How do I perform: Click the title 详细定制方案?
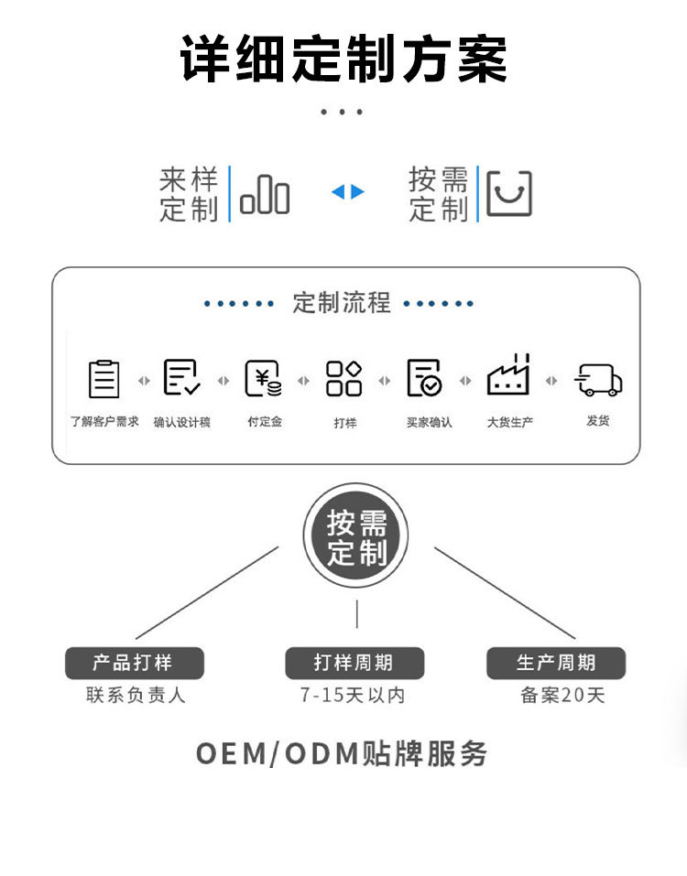343,60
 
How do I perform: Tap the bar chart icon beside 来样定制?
265,195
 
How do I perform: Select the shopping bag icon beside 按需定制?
508,194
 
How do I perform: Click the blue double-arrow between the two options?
348,192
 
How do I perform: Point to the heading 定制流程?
342,302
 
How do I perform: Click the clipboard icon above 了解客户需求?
104,378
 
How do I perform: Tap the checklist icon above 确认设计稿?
181,377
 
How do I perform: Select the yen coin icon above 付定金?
264,378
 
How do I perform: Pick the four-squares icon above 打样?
344,378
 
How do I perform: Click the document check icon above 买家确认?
425,378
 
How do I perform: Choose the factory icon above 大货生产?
508,375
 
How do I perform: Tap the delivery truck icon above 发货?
598,379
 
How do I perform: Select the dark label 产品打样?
134,663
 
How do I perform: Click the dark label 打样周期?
354,663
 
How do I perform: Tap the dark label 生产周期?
555,663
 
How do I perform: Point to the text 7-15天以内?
353,696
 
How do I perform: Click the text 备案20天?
562,696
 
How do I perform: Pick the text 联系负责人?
136,696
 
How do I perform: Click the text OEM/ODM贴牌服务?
342,753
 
